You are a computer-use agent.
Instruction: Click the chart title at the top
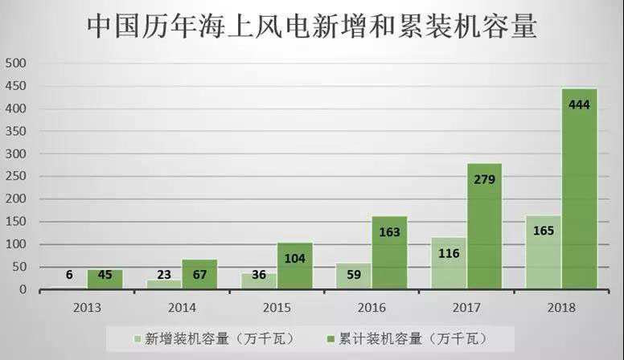pos(311,26)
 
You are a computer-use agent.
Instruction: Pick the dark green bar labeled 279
pos(484,226)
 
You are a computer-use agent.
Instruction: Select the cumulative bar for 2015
pos(295,266)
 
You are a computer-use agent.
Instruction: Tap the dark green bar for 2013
pos(105,279)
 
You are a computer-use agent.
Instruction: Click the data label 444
pos(579,105)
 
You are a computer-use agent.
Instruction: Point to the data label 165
pos(544,231)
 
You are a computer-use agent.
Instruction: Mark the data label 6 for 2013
pos(70,275)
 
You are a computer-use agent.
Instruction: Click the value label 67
pos(200,275)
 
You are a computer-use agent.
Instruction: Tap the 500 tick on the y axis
pos(16,63)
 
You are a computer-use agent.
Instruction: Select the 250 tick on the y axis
pos(16,176)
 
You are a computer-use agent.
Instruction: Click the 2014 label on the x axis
pos(182,306)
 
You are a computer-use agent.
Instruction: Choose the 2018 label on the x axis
pos(561,306)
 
